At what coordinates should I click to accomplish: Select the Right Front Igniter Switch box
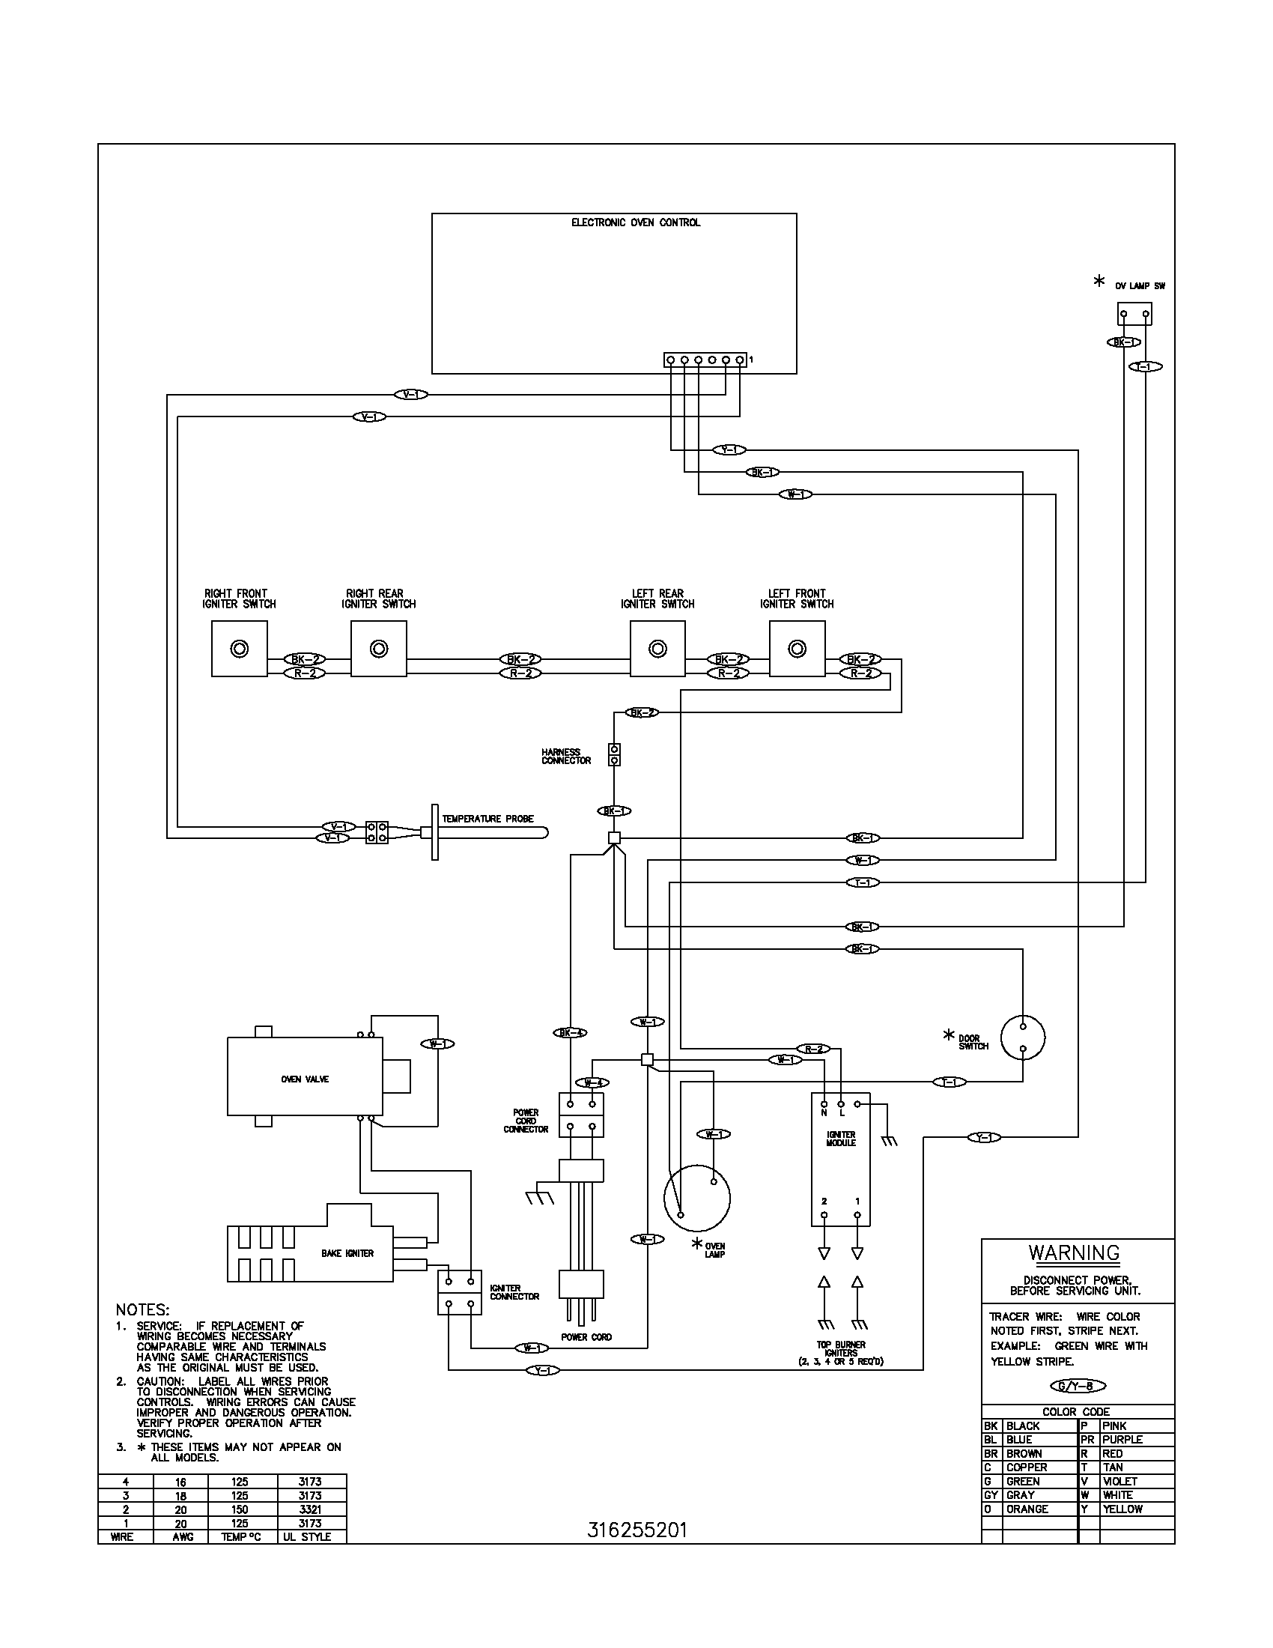239,648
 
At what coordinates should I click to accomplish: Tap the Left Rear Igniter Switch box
657,648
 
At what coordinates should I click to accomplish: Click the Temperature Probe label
488,819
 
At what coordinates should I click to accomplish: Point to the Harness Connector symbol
615,754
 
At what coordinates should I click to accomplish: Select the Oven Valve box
305,1079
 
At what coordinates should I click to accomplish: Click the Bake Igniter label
347,1253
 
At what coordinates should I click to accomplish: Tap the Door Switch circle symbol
1023,1038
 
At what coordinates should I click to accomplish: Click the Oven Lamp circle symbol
697,1199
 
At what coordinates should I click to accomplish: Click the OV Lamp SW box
1134,314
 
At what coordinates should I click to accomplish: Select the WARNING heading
1074,1252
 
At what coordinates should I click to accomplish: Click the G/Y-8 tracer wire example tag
1077,1385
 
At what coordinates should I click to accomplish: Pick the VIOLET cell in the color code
1120,1481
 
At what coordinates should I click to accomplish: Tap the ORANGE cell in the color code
1027,1509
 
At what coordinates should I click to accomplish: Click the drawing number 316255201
636,1530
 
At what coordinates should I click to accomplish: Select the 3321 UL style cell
310,1509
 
